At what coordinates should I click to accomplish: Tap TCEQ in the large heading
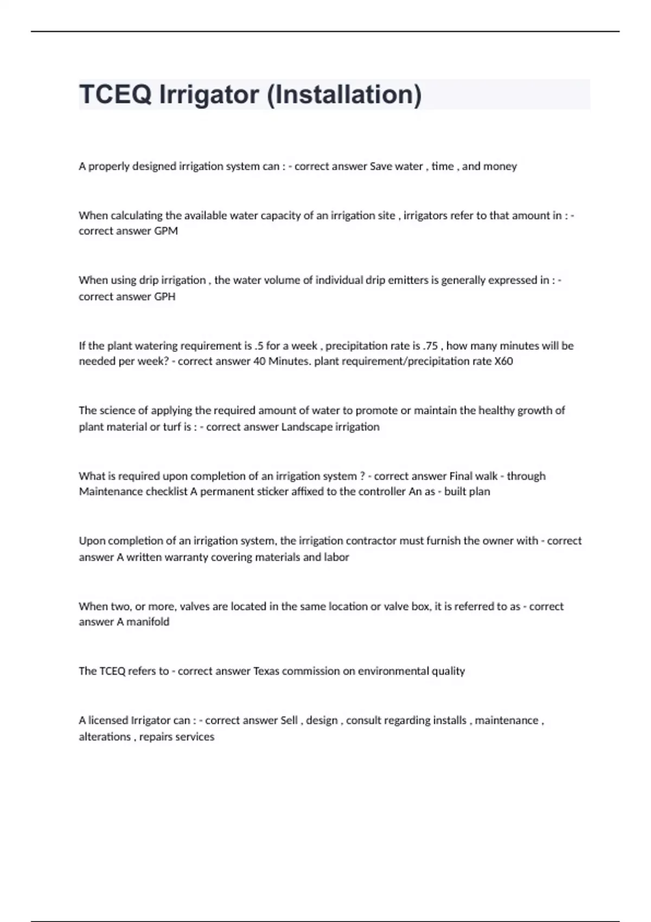115,95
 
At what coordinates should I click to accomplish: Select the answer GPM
166,231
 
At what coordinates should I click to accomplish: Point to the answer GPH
165,297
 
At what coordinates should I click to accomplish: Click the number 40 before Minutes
259,361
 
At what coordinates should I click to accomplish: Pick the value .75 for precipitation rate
430,345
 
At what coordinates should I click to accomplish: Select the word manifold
148,622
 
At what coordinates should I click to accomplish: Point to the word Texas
266,671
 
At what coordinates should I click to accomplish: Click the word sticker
270,491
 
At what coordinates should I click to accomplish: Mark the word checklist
166,491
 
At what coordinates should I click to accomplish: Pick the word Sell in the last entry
289,720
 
